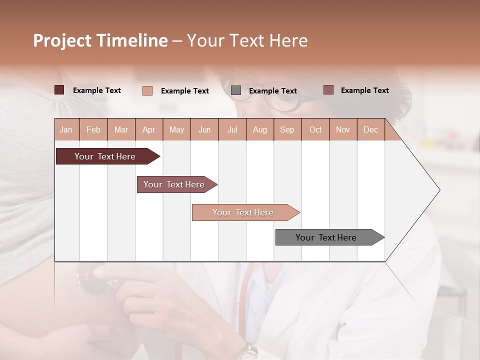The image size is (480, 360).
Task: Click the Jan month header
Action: tap(66, 129)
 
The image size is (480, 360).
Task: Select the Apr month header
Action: tap(149, 129)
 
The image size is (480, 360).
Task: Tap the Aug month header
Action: tap(259, 129)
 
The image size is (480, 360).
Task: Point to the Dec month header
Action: tap(370, 129)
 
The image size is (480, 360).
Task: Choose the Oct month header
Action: tap(315, 129)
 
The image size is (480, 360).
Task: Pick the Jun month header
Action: tap(204, 129)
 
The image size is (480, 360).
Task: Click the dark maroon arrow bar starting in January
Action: tap(105, 156)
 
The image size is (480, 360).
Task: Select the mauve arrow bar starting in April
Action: tap(174, 184)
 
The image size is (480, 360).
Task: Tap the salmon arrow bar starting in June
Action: tap(243, 212)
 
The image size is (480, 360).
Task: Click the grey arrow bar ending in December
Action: tap(326, 237)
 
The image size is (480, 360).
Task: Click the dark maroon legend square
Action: tap(59, 90)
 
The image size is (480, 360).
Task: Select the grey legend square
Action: tap(236, 90)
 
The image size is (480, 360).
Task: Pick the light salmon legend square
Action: tap(147, 90)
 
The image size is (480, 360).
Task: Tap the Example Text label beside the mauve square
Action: tap(364, 90)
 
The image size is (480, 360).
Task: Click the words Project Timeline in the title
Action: tap(100, 40)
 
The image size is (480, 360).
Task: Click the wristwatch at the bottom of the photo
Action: tap(246, 352)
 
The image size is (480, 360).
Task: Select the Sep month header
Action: tap(287, 129)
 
